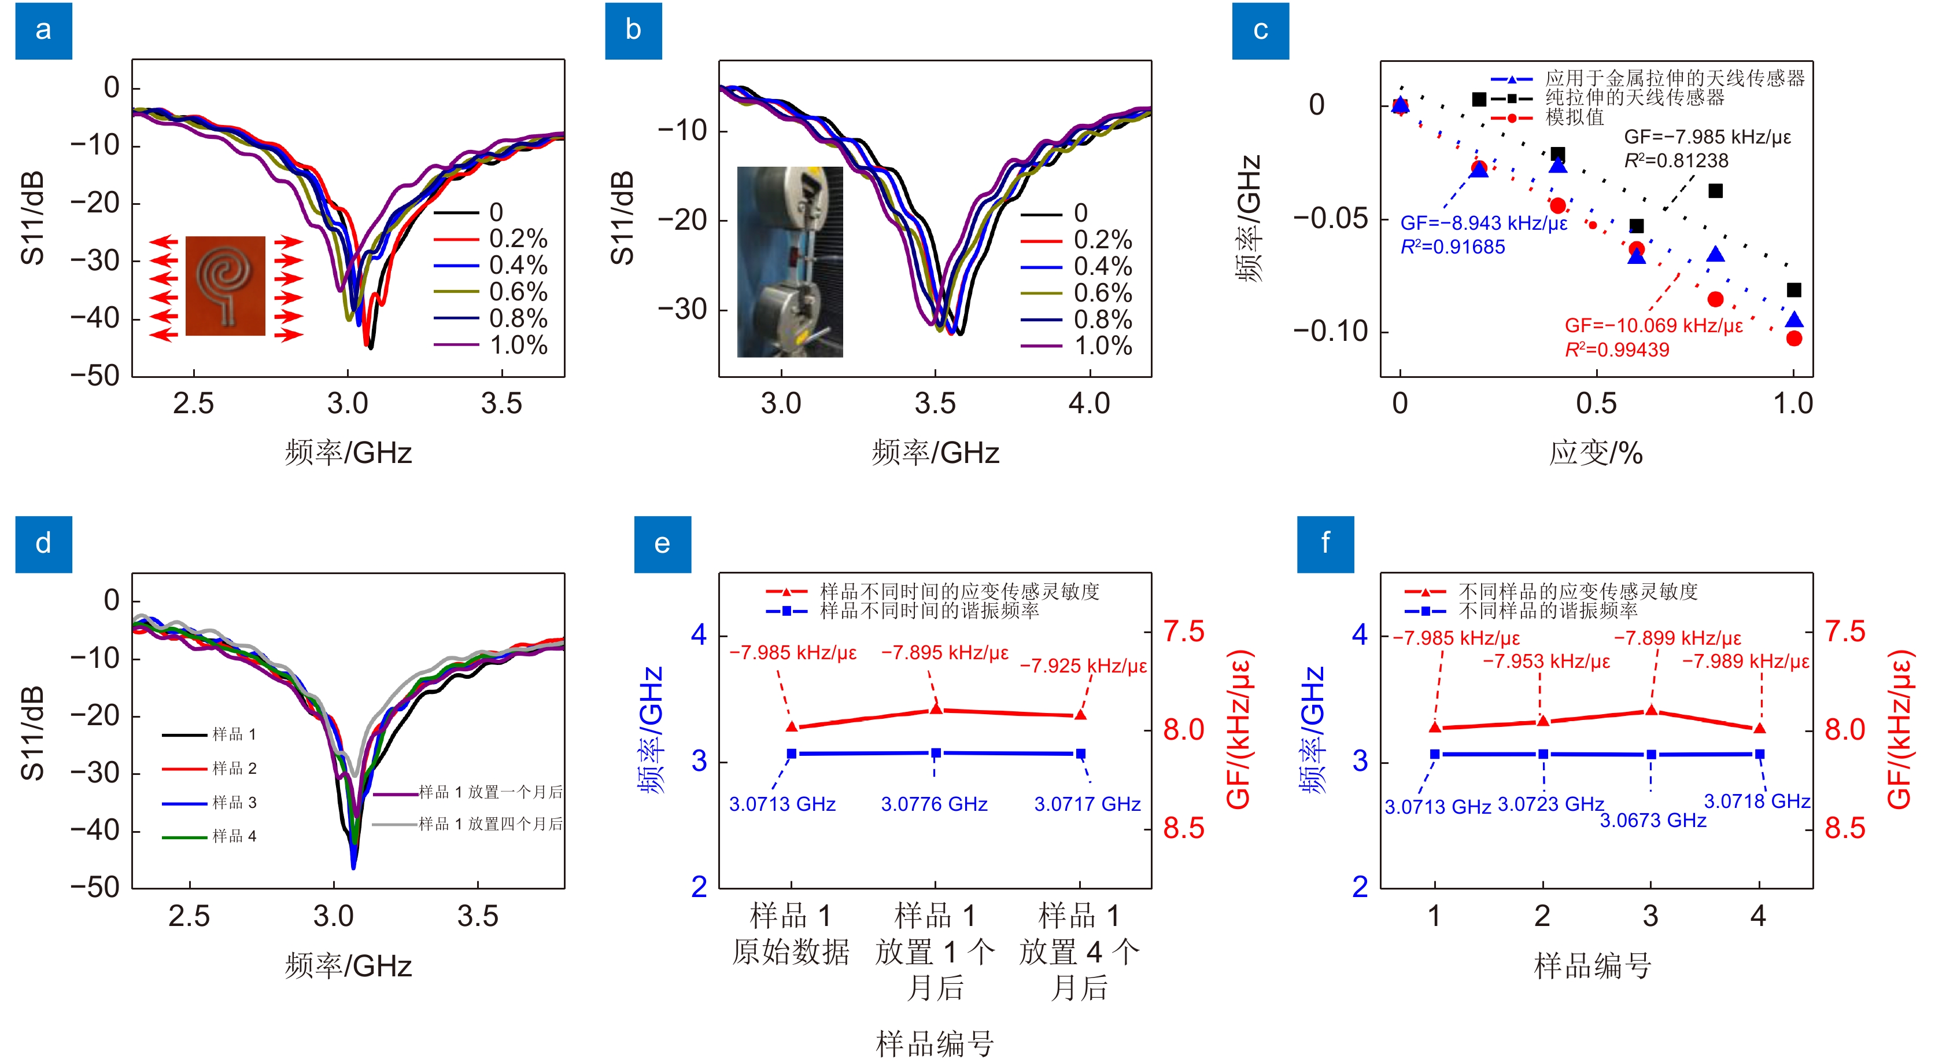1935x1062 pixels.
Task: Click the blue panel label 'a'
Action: [43, 31]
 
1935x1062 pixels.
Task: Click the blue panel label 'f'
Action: [1325, 543]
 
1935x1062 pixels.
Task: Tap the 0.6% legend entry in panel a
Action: [518, 292]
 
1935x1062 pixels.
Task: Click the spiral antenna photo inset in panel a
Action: [226, 285]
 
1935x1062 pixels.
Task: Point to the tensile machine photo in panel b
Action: [789, 262]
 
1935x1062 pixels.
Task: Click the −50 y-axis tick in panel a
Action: [95, 375]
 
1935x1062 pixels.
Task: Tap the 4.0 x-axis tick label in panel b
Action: [1088, 403]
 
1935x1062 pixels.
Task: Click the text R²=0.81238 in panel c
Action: [1676, 161]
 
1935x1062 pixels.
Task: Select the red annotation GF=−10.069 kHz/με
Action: [1653, 325]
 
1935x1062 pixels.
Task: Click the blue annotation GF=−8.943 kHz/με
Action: [1483, 223]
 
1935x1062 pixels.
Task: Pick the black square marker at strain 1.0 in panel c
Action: [1794, 290]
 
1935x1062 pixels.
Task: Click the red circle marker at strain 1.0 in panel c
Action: [1794, 339]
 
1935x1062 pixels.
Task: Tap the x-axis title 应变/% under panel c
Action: [1596, 453]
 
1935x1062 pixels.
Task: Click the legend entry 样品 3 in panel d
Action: [234, 803]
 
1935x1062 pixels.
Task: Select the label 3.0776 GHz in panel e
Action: [934, 804]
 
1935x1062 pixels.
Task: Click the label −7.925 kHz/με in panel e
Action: [1083, 666]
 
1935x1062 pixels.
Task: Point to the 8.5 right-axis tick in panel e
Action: [1183, 829]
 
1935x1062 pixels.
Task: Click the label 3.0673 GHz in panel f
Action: [1653, 820]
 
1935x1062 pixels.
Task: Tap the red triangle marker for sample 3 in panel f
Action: [1651, 710]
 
